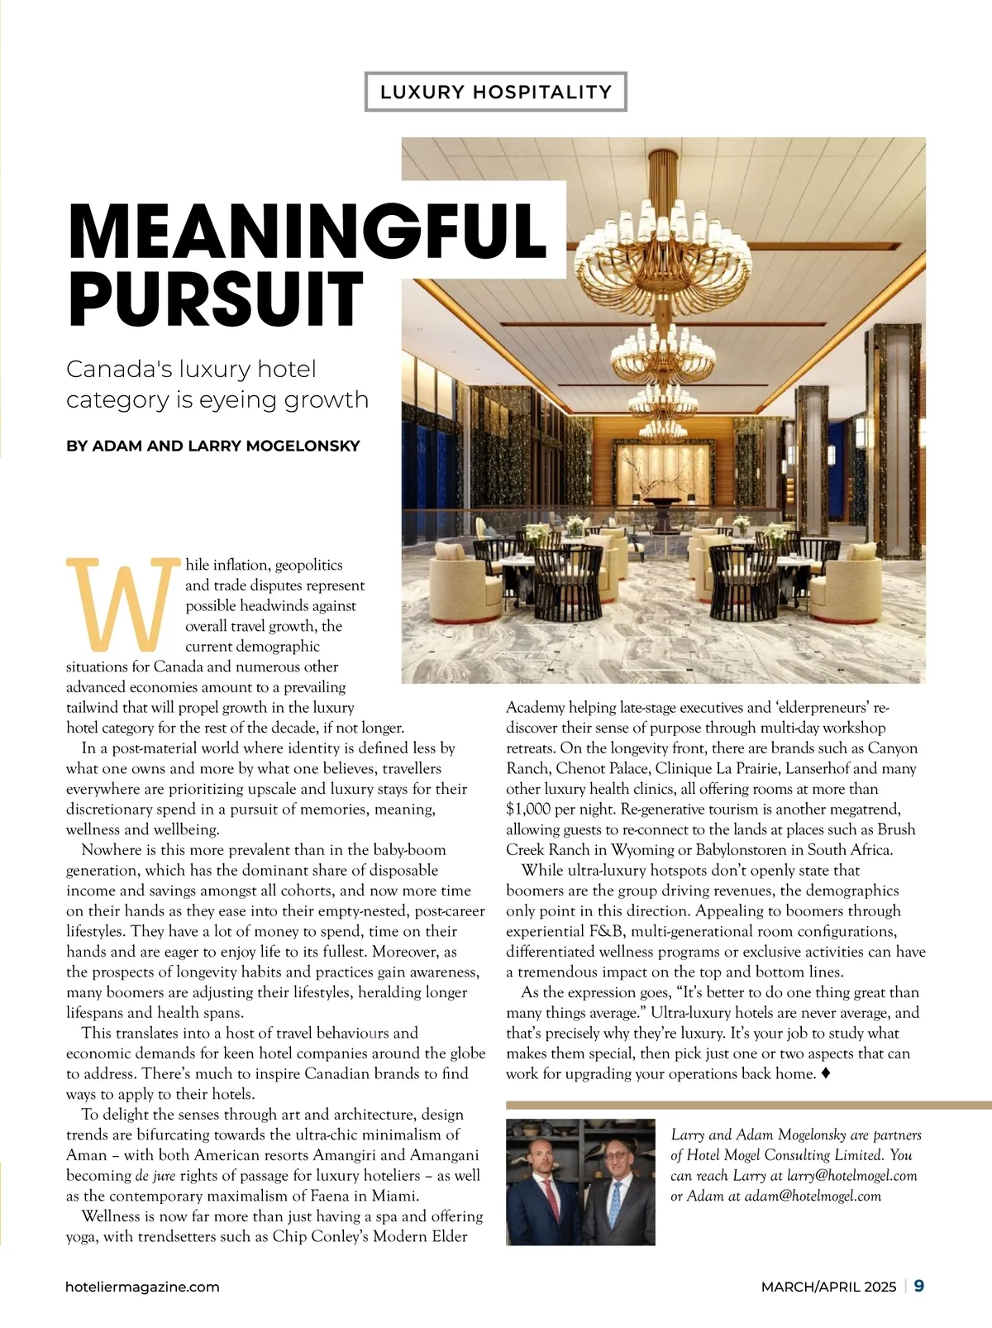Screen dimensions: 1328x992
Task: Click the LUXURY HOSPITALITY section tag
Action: coord(495,92)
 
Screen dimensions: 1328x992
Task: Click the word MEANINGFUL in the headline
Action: coord(308,231)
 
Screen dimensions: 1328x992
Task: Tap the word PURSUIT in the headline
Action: coord(216,299)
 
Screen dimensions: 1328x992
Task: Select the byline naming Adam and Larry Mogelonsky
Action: coord(213,446)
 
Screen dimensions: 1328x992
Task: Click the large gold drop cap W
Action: coord(123,604)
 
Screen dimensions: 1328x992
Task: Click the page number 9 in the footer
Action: coord(919,1286)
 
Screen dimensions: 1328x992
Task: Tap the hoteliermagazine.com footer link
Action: coord(143,1287)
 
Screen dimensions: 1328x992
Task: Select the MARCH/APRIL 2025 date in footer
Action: coord(828,1287)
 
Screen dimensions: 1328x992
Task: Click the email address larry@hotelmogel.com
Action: coord(851,1175)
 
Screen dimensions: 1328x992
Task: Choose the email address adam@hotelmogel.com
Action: coord(813,1196)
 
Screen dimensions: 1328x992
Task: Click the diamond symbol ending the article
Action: coord(826,1073)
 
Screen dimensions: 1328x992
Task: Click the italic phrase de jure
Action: coord(155,1175)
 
